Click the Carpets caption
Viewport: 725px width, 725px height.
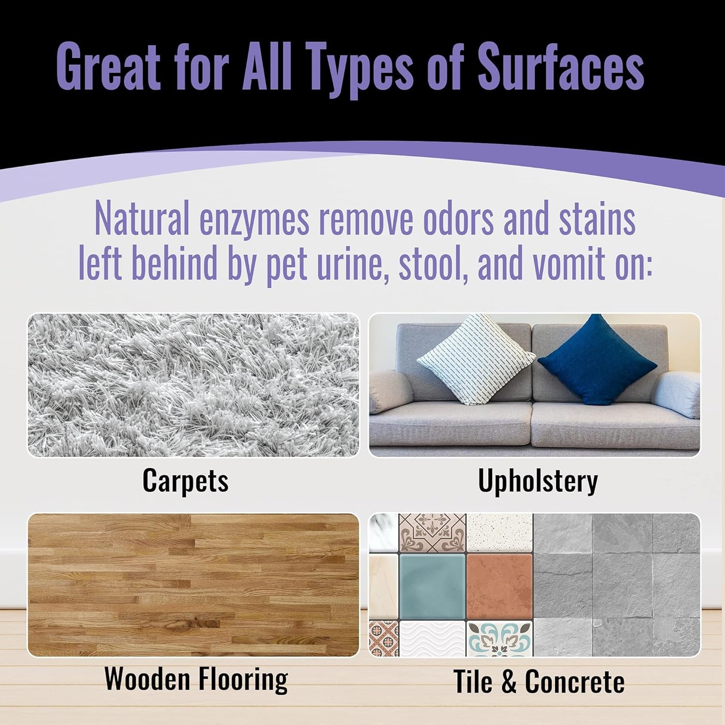tap(185, 481)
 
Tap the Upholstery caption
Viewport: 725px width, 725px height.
tap(537, 481)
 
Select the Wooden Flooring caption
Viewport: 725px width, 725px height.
tap(196, 679)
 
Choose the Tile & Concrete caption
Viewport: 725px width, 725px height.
tap(538, 681)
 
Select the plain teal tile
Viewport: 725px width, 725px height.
tap(432, 586)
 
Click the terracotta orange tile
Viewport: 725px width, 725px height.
tap(499, 586)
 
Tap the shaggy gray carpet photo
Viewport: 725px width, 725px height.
tap(193, 385)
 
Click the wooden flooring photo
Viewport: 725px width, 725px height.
tap(193, 585)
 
